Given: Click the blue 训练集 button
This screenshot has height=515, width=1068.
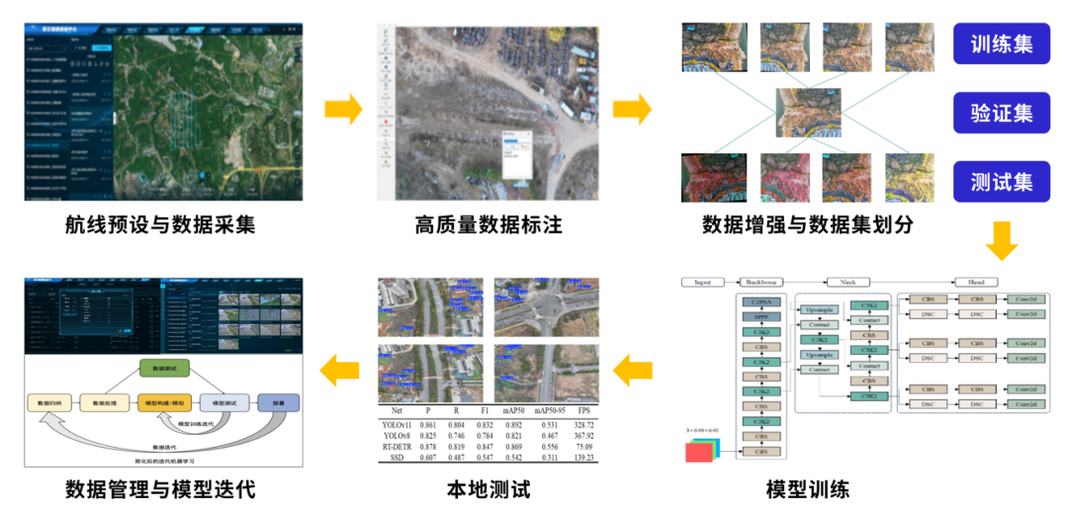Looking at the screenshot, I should (1002, 44).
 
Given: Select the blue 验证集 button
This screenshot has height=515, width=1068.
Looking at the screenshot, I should (1002, 114).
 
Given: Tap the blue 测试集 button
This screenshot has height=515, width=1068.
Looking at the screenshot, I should (1002, 182).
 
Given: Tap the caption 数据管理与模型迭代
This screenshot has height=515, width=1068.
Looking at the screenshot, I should (164, 488).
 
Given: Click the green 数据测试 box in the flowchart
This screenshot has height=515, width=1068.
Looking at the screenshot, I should (162, 368).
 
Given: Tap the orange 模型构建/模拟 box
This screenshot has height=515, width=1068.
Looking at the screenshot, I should (164, 403).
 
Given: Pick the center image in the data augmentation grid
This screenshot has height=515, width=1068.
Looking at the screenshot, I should (807, 112).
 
